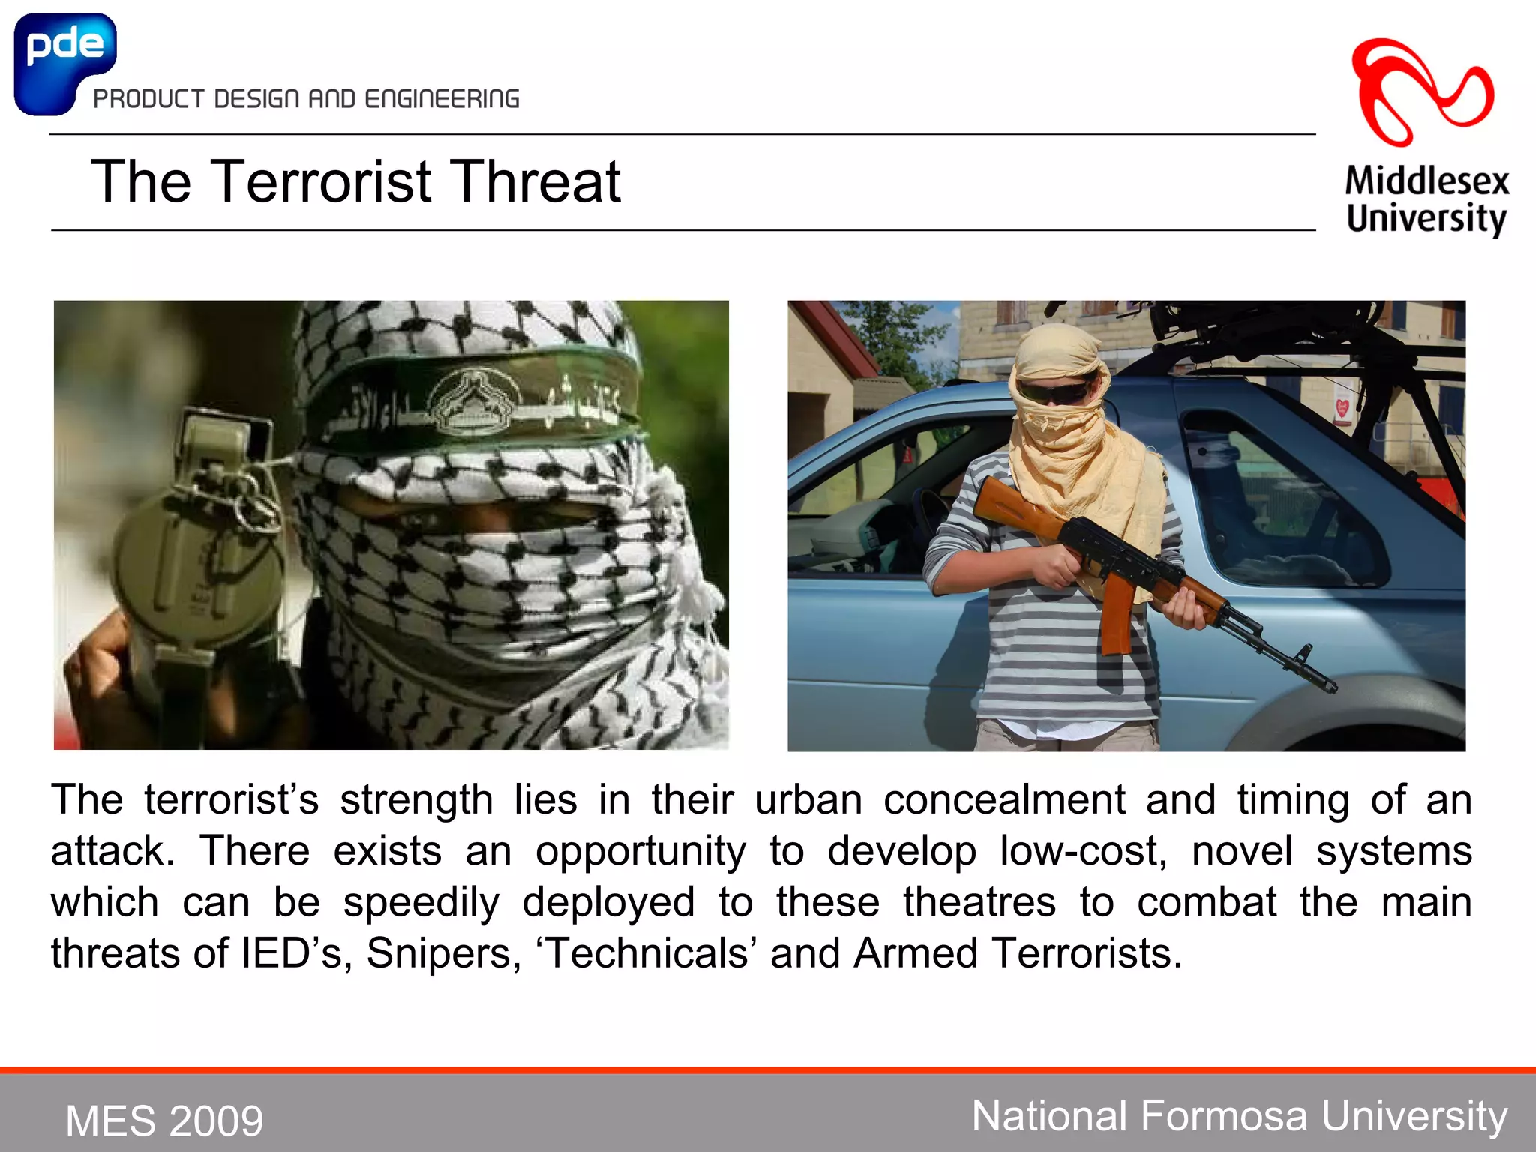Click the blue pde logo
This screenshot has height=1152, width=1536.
point(64,60)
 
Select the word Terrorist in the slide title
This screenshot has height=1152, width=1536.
point(321,181)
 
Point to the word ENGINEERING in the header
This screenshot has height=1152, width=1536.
point(442,99)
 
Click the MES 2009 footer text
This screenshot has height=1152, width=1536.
point(164,1120)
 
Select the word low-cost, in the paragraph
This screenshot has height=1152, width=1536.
point(1083,851)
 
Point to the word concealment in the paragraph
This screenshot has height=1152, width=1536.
point(1004,799)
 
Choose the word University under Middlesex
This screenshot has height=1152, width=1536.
point(1426,218)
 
